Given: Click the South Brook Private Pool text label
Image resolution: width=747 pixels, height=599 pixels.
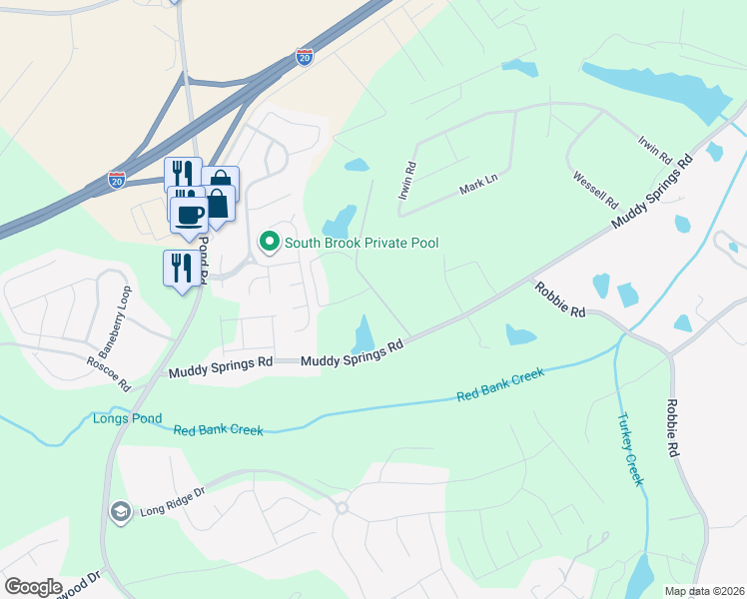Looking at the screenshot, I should tap(362, 243).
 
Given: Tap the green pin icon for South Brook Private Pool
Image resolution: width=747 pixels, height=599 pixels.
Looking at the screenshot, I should tap(269, 242).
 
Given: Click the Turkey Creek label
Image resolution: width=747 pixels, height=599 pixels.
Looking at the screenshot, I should tap(629, 449).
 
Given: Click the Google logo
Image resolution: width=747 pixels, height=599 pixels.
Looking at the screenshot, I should tap(33, 587).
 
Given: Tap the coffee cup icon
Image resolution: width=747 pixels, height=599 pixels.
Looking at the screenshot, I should tap(189, 213).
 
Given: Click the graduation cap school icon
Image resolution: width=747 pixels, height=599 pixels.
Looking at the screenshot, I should tap(120, 511).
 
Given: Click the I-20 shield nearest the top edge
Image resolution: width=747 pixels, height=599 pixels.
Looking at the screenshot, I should tap(305, 58).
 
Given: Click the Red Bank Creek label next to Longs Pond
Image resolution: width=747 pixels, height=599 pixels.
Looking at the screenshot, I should tap(218, 430).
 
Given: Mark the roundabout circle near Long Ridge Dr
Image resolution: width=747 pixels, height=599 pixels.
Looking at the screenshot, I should tap(342, 508).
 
